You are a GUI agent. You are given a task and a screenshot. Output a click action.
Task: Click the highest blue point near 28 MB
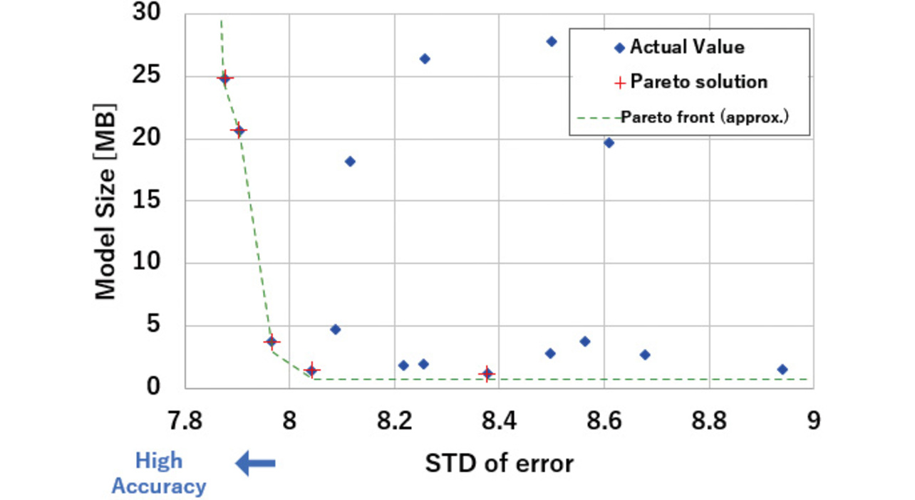coord(551,41)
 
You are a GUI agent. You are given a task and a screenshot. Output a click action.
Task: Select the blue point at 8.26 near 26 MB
coord(424,58)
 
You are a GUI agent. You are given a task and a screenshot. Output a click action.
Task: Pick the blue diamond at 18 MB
coord(350,162)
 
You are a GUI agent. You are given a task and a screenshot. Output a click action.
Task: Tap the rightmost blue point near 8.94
coord(782,369)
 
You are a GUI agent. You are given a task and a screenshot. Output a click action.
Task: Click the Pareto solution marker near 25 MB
coord(224,78)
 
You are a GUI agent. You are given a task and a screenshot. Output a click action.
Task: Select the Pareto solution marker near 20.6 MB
coord(239,130)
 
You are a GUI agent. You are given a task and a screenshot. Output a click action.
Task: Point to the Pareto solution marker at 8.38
coord(487,373)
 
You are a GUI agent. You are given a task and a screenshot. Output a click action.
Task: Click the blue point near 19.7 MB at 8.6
coord(609,142)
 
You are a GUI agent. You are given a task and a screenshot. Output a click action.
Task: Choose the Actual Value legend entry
coord(679,48)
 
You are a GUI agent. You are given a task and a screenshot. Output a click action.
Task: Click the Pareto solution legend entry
coord(691,82)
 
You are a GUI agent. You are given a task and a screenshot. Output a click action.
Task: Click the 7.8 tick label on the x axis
coord(185,420)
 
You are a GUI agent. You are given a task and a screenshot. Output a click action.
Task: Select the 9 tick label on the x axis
coord(813,420)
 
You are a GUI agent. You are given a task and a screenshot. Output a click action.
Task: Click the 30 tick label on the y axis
coord(147,14)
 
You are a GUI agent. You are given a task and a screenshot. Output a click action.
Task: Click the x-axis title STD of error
coord(499,464)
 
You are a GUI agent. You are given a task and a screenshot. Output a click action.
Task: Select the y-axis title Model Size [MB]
coord(105,202)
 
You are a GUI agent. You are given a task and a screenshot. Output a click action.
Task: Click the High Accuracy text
coord(159,474)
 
